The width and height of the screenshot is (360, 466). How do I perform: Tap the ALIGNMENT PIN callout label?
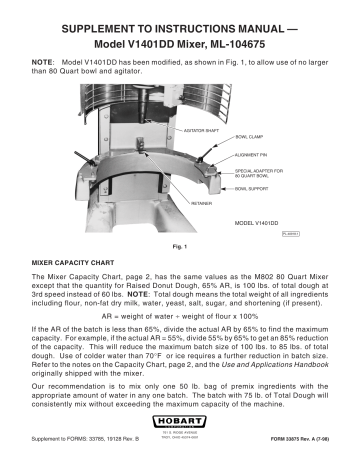[x=251, y=156]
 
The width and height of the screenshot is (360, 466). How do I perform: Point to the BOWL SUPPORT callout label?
[x=253, y=188]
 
